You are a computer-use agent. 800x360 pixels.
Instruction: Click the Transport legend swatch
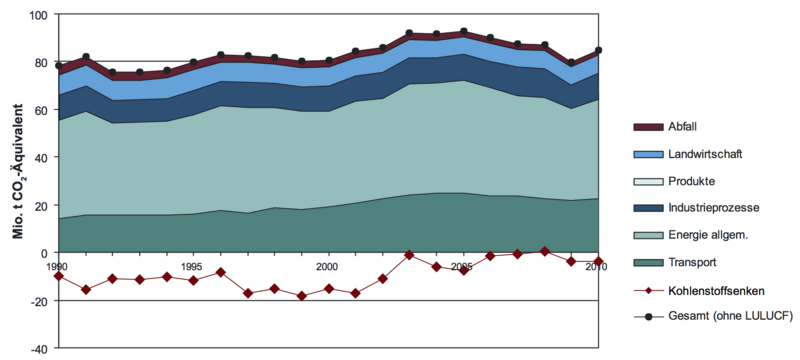[x=648, y=263]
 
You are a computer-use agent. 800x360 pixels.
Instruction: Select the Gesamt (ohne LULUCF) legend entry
[x=713, y=317]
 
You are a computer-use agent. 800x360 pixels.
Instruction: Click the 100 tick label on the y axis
[x=39, y=14]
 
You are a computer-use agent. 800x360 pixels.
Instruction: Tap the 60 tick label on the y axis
[x=42, y=110]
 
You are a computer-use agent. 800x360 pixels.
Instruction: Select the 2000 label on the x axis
[x=327, y=266]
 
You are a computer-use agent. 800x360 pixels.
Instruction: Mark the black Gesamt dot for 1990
[x=59, y=66]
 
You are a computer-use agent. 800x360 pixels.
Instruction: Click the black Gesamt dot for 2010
[x=598, y=50]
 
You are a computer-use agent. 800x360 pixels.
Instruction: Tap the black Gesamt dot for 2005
[x=463, y=32]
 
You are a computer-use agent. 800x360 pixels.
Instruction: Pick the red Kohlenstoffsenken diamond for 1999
[x=302, y=296]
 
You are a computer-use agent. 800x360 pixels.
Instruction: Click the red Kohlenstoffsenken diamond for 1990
[x=59, y=276]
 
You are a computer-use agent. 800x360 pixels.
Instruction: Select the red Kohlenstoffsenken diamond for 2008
[x=544, y=251]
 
